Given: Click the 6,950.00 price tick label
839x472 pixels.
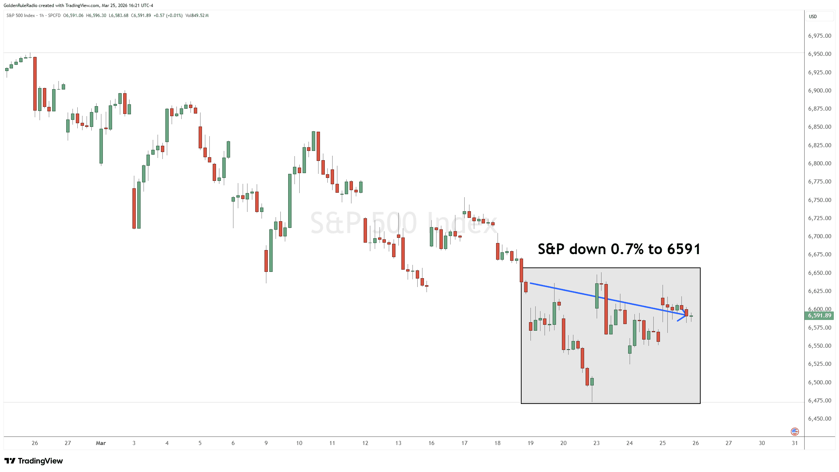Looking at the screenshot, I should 819,54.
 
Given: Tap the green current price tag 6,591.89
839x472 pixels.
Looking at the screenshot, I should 819,316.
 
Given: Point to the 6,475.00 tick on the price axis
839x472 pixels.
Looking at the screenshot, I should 819,401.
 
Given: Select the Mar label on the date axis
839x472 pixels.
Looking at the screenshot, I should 101,443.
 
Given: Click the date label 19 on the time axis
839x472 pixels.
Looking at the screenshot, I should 530,443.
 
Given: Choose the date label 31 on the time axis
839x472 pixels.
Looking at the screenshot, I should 795,443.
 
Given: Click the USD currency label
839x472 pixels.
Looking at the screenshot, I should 813,17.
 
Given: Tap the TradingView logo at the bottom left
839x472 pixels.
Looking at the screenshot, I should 34,461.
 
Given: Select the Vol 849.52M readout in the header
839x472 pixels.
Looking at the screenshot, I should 197,16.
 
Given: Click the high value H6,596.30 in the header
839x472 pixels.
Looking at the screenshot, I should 96,16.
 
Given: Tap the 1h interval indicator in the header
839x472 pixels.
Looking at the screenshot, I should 41,16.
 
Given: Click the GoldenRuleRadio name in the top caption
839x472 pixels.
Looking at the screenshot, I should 20,6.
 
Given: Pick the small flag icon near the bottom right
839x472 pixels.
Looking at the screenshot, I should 795,431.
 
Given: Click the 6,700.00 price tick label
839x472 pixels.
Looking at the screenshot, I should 819,236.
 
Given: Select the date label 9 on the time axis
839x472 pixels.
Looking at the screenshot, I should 266,443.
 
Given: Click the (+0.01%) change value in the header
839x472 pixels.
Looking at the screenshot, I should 174,16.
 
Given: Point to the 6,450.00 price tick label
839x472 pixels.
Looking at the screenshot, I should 819,419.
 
